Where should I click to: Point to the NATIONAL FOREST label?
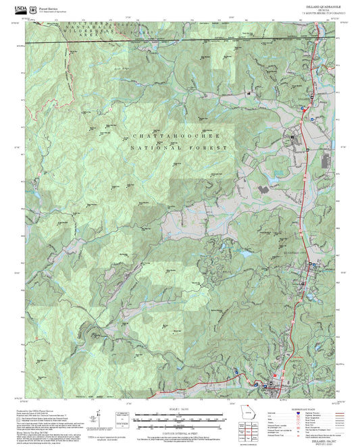pyautogui.click(x=179, y=148)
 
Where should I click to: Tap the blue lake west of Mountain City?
pyautogui.click(x=238, y=254)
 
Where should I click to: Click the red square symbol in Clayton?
pyautogui.click(x=275, y=384)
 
